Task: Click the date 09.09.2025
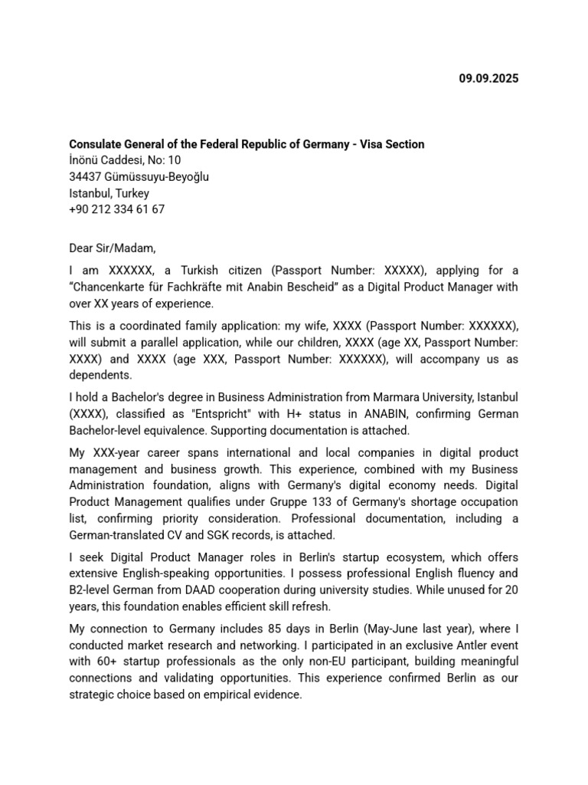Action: click(x=488, y=78)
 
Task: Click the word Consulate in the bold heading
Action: click(x=96, y=144)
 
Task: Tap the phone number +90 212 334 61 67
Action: click(x=116, y=209)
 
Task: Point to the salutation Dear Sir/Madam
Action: click(x=112, y=248)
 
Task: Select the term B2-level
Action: click(x=93, y=590)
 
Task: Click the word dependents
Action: click(x=100, y=375)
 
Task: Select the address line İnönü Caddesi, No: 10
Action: click(x=125, y=160)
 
